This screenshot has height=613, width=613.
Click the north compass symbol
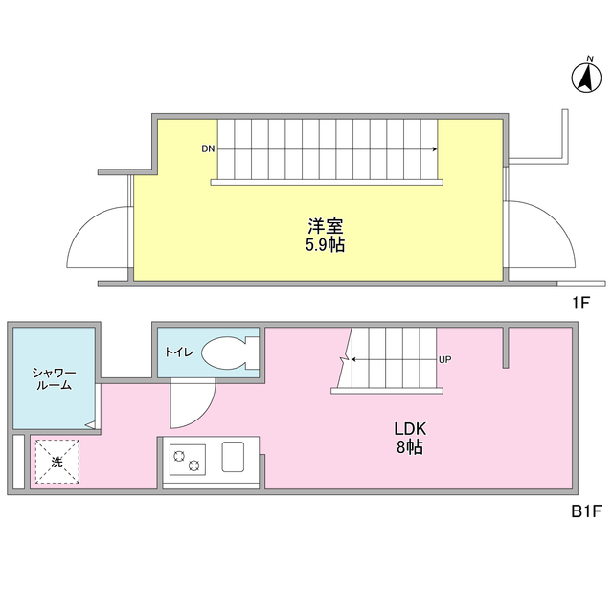pyautogui.click(x=584, y=78)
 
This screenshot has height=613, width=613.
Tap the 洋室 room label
pyautogui.click(x=326, y=227)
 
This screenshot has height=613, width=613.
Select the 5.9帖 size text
pyautogui.click(x=326, y=245)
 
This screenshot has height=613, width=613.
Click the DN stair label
pyautogui.click(x=208, y=149)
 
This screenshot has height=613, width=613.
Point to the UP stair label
pyautogui.click(x=444, y=360)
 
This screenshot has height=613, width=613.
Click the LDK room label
pyautogui.click(x=410, y=428)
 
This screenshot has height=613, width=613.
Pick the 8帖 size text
pyautogui.click(x=410, y=446)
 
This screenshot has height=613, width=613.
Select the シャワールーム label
pyautogui.click(x=52, y=378)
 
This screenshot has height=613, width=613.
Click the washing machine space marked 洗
pyautogui.click(x=57, y=461)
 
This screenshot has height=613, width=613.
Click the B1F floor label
pyautogui.click(x=585, y=511)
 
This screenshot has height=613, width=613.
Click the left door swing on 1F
pyautogui.click(x=98, y=238)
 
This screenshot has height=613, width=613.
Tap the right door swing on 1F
pyautogui.click(x=542, y=238)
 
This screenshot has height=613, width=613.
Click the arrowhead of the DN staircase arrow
pyautogui.click(x=436, y=149)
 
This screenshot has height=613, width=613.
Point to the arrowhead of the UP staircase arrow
pyautogui.click(x=353, y=360)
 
